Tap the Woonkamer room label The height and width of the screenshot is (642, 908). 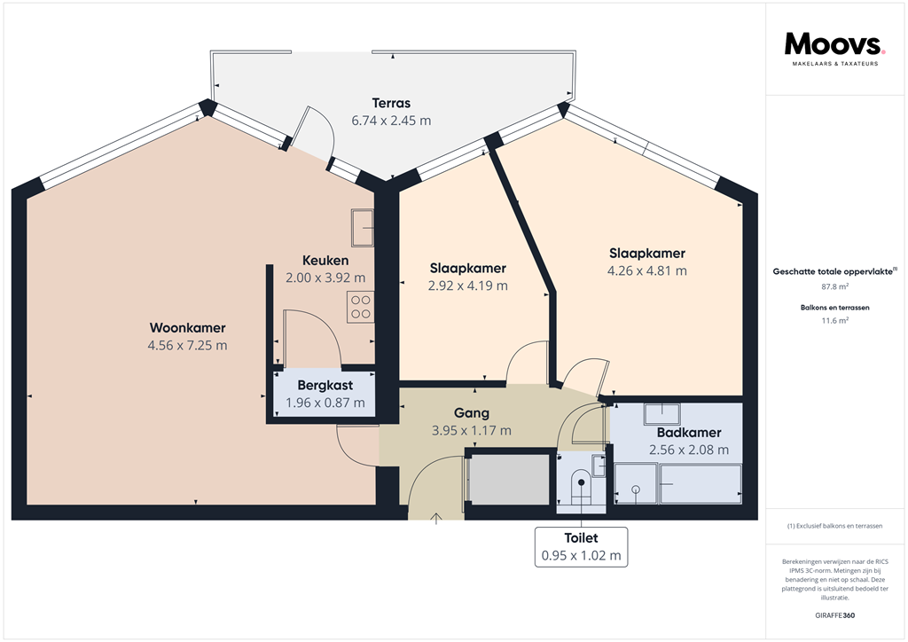click(x=187, y=327)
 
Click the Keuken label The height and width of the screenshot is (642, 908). click(x=325, y=261)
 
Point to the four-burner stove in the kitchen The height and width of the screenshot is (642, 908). click(x=361, y=306)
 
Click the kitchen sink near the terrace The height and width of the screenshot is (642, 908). click(x=363, y=227)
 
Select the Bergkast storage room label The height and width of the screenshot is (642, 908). click(x=325, y=385)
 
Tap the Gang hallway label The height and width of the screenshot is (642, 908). click(x=471, y=413)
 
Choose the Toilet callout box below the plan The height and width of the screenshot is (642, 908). click(x=582, y=547)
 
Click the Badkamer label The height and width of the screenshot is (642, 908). click(x=689, y=433)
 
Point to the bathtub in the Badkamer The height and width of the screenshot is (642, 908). click(x=701, y=484)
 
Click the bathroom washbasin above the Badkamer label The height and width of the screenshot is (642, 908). click(x=661, y=413)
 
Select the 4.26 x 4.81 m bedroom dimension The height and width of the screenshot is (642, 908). click(x=646, y=270)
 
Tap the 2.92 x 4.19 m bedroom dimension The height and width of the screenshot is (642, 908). click(x=467, y=286)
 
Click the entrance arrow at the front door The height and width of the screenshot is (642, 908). click(x=436, y=519)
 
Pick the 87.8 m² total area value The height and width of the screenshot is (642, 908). click(x=834, y=287)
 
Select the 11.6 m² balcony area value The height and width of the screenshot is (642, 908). click(x=834, y=321)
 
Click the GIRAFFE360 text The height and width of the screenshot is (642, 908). click(x=834, y=615)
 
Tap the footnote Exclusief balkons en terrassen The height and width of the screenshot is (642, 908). click(x=834, y=527)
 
